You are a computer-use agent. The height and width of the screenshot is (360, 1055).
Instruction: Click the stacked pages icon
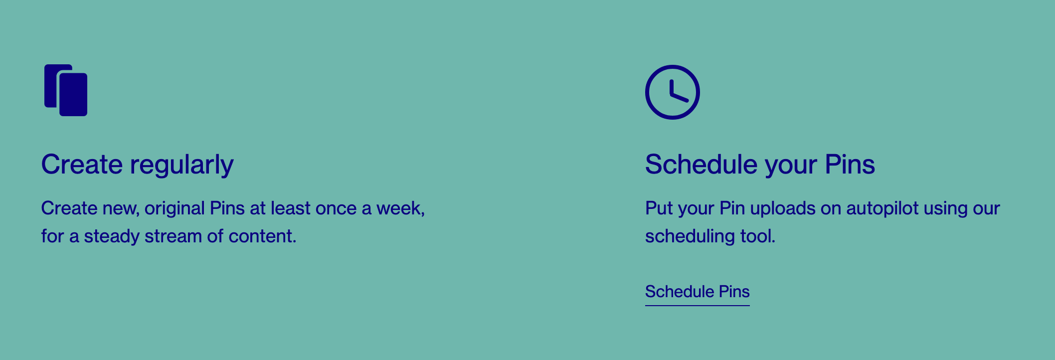tap(66, 90)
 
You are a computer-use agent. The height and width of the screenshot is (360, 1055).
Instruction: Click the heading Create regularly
tap(137, 165)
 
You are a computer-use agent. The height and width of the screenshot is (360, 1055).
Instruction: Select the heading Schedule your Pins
tap(760, 165)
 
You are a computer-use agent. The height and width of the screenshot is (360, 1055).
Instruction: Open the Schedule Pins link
tap(697, 292)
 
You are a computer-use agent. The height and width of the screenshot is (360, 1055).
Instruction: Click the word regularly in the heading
tap(182, 165)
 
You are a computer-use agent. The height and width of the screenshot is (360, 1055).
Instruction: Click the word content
tap(262, 236)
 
